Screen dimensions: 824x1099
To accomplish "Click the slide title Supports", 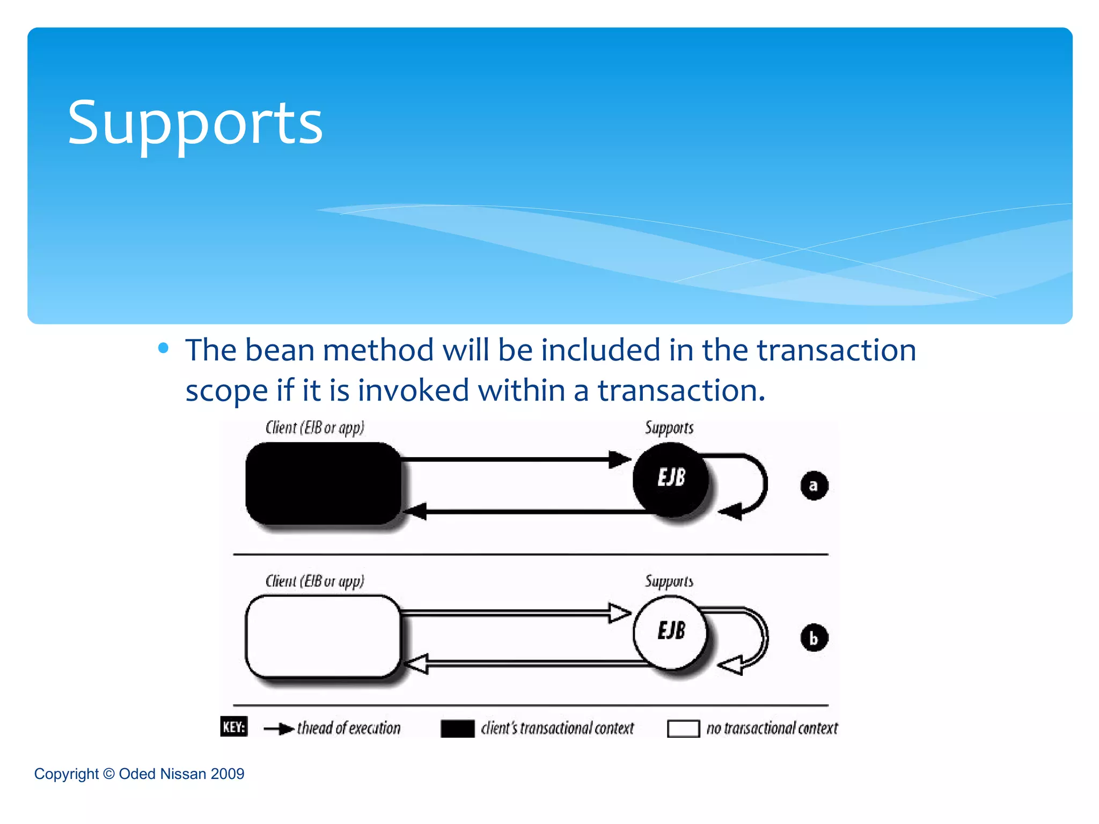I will [x=195, y=123].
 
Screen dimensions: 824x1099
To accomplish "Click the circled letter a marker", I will [x=814, y=485].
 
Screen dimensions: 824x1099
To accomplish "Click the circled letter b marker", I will [x=814, y=638].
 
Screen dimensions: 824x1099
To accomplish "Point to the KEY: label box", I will [x=234, y=727].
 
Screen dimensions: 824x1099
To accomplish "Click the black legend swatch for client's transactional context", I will [x=457, y=729].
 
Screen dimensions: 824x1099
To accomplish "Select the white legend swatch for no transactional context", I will [x=683, y=729].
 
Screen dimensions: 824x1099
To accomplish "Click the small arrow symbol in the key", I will [x=279, y=729].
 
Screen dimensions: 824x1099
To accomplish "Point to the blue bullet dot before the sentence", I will [x=164, y=349].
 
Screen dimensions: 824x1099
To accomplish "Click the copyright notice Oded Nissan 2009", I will [x=139, y=774].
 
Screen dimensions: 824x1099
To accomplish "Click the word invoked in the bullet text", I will [x=413, y=390].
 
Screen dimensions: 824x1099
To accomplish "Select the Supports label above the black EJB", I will [x=669, y=428].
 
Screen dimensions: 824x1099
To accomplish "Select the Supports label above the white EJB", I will [x=669, y=581].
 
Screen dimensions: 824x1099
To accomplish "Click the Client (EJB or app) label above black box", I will [x=315, y=428].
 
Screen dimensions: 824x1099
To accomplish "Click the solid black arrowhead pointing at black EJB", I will [x=620, y=459].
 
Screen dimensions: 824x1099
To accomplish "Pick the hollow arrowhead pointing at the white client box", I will [x=416, y=664].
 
